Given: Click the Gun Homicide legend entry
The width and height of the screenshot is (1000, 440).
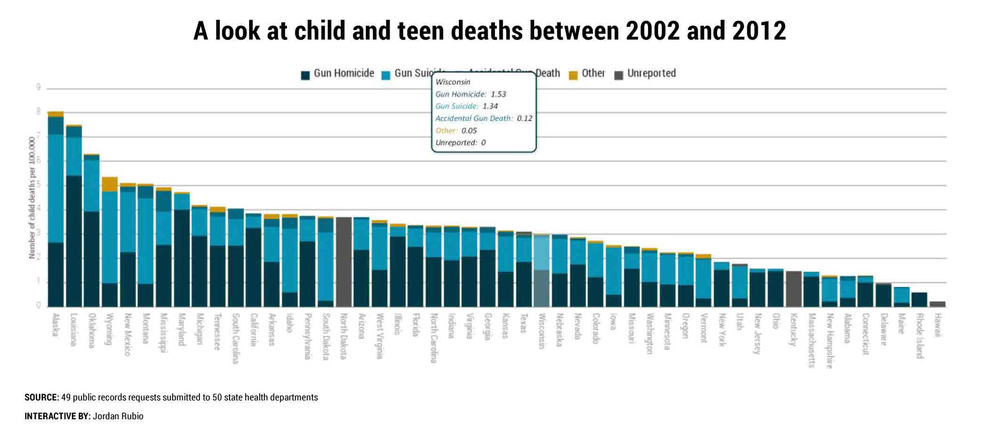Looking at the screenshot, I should pos(338,74).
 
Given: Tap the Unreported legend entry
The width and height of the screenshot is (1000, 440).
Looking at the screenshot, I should pos(646,74).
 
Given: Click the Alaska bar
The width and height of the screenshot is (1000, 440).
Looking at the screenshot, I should pos(56,212).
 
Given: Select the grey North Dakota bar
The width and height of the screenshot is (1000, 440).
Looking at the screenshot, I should pos(344,262).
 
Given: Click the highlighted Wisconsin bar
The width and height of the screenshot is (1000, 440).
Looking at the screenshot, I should pos(541,271).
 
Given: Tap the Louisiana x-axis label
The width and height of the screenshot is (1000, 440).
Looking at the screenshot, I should pos(73,329).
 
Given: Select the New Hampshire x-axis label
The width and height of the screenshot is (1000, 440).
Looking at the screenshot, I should pos(830,341).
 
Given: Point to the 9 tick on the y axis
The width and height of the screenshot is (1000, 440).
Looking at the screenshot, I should pos(39,88).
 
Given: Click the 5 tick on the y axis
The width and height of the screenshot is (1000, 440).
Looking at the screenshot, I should pos(39,185).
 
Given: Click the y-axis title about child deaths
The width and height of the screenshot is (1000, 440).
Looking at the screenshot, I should pos(32,197).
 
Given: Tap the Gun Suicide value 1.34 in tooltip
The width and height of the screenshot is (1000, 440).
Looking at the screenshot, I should pos(490,106).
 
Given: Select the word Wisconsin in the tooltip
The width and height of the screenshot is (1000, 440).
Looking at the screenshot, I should pos(453,82).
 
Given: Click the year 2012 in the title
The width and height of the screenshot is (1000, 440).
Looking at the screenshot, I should pos(759,31).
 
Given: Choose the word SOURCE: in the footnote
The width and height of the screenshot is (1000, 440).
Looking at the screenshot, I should pos(42,397).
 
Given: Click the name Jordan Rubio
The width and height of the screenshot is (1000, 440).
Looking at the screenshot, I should pos(118,416).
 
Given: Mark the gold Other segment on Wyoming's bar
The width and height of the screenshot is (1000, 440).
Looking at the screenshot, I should pos(110,184).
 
